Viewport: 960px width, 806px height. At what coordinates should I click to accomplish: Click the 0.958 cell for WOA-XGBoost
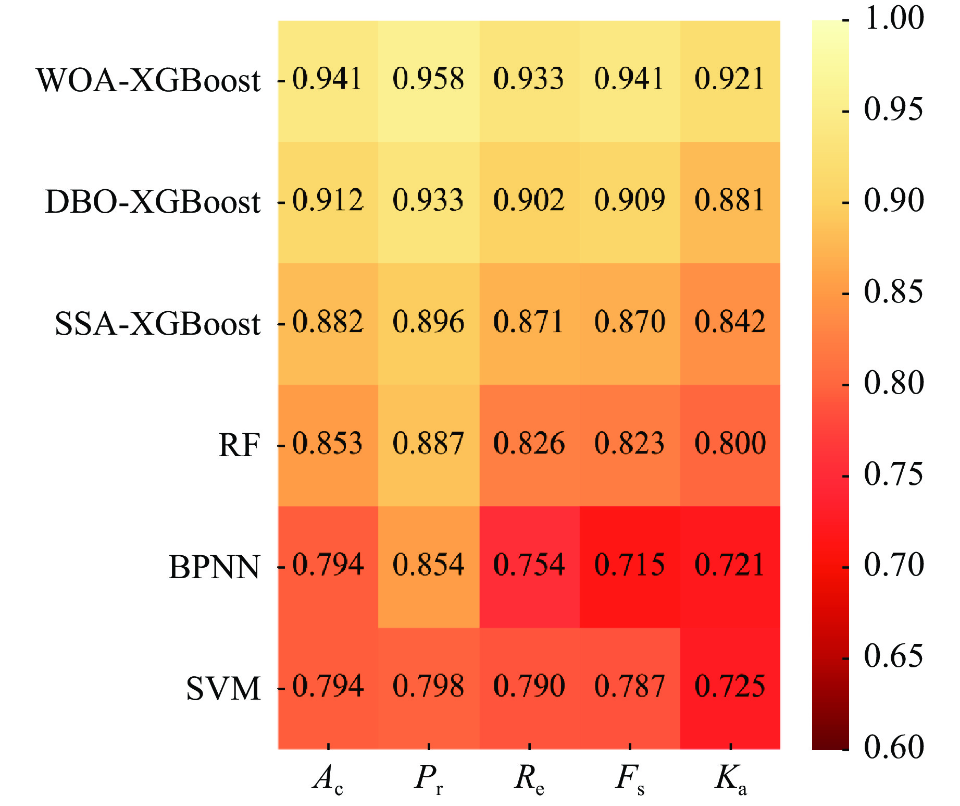[x=428, y=79]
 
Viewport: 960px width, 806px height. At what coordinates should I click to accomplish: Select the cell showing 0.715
[x=629, y=565]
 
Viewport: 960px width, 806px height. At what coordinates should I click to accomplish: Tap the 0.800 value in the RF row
[x=730, y=444]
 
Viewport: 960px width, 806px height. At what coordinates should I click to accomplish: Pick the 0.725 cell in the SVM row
[x=730, y=687]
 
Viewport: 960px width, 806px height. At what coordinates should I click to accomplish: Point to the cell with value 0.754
[x=529, y=565]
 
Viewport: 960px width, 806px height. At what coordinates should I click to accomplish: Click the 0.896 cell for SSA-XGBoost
[x=428, y=322]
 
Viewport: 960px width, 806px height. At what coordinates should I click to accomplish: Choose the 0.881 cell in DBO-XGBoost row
[x=730, y=201]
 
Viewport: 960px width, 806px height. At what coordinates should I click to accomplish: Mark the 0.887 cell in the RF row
[x=428, y=444]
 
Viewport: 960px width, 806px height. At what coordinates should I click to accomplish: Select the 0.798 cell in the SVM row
[x=428, y=687]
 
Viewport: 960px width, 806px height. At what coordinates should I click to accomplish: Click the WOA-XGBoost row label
[x=148, y=81]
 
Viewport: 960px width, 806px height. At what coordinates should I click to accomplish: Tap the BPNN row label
[x=214, y=567]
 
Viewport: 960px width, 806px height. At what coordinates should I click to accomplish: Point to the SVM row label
[x=223, y=689]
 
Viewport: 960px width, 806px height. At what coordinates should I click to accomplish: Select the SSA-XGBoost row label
[x=157, y=324]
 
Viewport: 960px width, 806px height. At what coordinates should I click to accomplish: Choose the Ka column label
[x=731, y=780]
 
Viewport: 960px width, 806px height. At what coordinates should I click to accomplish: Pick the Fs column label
[x=630, y=780]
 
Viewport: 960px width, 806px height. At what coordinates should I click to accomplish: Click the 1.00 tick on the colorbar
[x=894, y=18]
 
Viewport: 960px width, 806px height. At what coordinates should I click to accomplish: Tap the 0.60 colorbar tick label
[x=894, y=747]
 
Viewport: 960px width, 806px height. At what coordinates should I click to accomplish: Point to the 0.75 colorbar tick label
[x=894, y=474]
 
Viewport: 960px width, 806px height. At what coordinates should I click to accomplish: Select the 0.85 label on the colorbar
[x=894, y=292]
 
